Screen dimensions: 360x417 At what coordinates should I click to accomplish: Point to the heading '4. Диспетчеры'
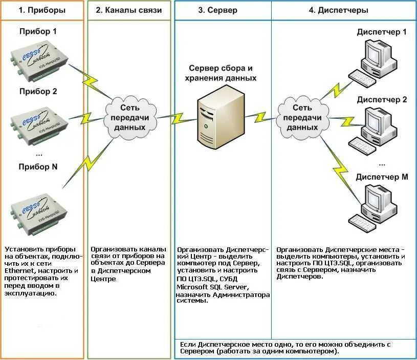tap(342, 10)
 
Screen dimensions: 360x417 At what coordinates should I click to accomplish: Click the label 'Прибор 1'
tap(38, 32)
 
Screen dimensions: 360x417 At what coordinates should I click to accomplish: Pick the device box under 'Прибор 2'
tap(38, 122)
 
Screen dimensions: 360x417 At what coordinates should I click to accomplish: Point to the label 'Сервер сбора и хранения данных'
tap(221, 73)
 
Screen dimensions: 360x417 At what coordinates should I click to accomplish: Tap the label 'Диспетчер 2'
tap(382, 99)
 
